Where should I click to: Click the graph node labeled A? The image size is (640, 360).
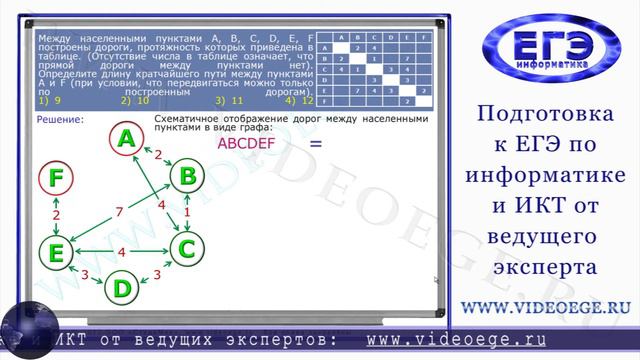pyautogui.click(x=125, y=141)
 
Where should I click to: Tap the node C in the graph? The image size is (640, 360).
pyautogui.click(x=186, y=245)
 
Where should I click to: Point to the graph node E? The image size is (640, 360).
pyautogui.click(x=56, y=246)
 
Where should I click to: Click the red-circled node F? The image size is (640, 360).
pyautogui.click(x=56, y=179)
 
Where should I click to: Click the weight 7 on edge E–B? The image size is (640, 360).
pyautogui.click(x=119, y=211)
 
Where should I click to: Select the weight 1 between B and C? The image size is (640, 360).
pyautogui.click(x=187, y=212)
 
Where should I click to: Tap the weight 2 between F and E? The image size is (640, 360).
pyautogui.click(x=56, y=215)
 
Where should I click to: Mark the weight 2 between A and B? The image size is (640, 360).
pyautogui.click(x=157, y=153)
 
